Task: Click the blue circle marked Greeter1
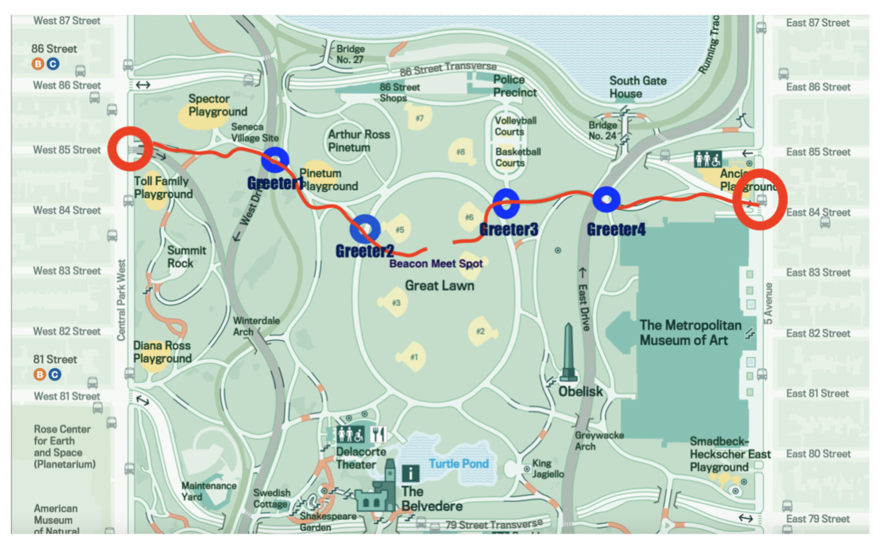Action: [275, 158]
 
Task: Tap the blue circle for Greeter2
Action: [365, 229]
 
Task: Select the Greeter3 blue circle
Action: [507, 204]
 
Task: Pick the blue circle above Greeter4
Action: [606, 199]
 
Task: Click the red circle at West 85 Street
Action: [131, 149]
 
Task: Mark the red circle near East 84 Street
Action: [761, 199]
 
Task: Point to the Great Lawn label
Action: [439, 286]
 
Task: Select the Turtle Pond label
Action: [458, 464]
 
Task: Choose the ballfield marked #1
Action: [411, 357]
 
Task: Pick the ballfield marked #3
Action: [393, 301]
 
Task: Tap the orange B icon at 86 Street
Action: [38, 64]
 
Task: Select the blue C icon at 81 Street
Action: [54, 375]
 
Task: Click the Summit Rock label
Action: [187, 257]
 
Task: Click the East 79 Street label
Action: [818, 519]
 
